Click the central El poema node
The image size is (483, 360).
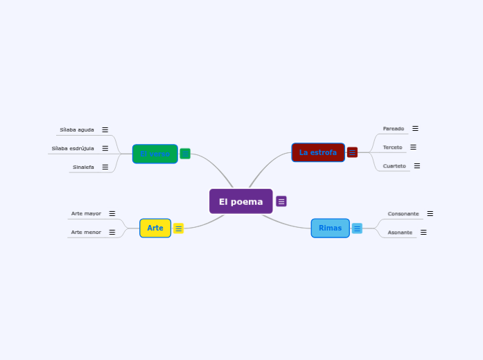pos(240,201)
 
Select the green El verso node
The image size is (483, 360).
pos(155,154)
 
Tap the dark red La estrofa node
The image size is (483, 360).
pos(318,152)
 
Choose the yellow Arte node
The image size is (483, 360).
pos(155,228)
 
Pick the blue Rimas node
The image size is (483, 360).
pos(330,228)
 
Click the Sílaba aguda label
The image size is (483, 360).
pos(77,129)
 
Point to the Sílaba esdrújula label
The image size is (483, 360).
pos(73,148)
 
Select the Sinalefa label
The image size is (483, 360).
pos(83,167)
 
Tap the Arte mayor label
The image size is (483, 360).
pos(86,213)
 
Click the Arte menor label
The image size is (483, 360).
pos(86,232)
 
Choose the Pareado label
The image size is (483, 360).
pos(394,128)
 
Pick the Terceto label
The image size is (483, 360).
pos(392,147)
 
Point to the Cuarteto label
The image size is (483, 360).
pos(394,165)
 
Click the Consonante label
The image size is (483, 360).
pos(403,213)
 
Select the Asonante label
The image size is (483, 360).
pos(400,232)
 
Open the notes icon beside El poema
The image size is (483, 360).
pos(281,201)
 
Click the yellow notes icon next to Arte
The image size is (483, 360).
pos(178,228)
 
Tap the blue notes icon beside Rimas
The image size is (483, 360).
pos(357,228)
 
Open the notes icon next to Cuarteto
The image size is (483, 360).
pos(417,165)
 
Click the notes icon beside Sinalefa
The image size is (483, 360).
pos(105,167)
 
